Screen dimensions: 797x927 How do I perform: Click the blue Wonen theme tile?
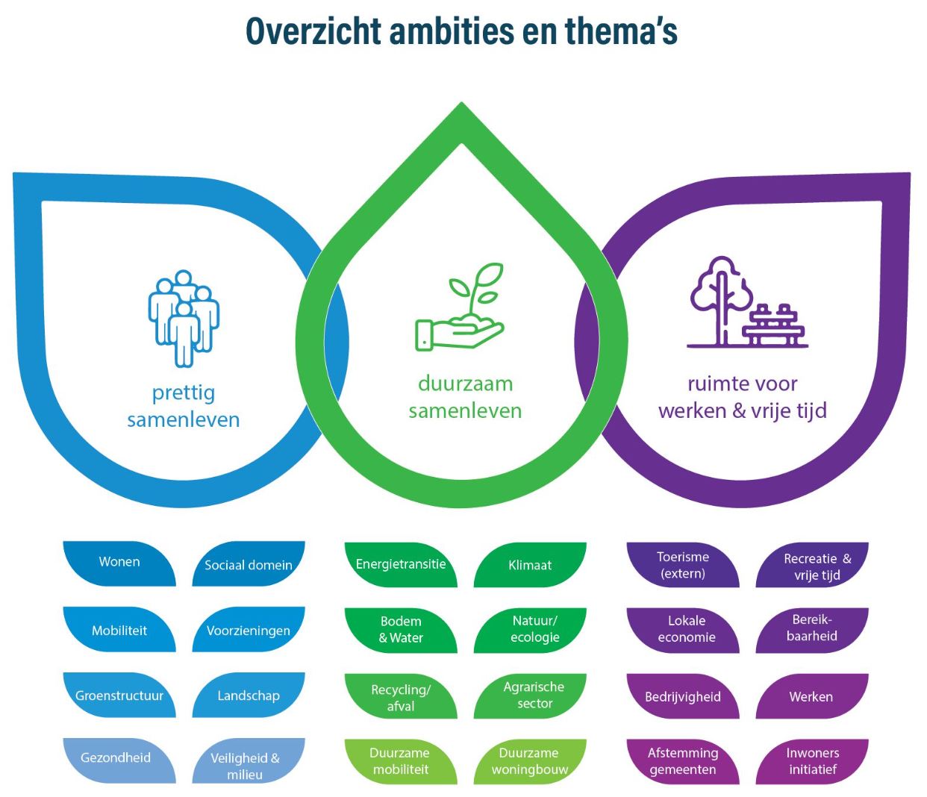pyautogui.click(x=119, y=563)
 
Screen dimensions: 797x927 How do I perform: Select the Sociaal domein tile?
pyautogui.click(x=249, y=565)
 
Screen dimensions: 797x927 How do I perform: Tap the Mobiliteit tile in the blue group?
pyautogui.click(x=119, y=631)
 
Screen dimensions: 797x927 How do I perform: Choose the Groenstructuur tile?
pyautogui.click(x=119, y=696)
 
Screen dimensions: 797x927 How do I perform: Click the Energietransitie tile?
pyautogui.click(x=401, y=565)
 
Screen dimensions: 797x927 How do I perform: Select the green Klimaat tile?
pyautogui.click(x=530, y=565)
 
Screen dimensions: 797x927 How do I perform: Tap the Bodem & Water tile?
pyautogui.click(x=401, y=630)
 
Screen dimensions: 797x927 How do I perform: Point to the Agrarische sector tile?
pyautogui.click(x=531, y=696)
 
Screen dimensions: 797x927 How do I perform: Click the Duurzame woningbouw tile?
pyautogui.click(x=530, y=761)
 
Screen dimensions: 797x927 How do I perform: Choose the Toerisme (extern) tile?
pyautogui.click(x=683, y=565)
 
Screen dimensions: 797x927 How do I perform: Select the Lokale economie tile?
pyautogui.click(x=685, y=629)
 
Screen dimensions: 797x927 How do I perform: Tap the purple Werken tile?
pyautogui.click(x=811, y=696)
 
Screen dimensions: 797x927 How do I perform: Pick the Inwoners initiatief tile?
pyautogui.click(x=812, y=761)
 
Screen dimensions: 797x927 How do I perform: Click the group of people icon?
pyautogui.click(x=183, y=317)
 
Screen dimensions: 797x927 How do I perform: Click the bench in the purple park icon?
pyautogui.click(x=774, y=326)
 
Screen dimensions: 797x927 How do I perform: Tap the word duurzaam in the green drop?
pyautogui.click(x=465, y=384)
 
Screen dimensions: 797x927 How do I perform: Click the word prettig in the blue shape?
pyautogui.click(x=184, y=393)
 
